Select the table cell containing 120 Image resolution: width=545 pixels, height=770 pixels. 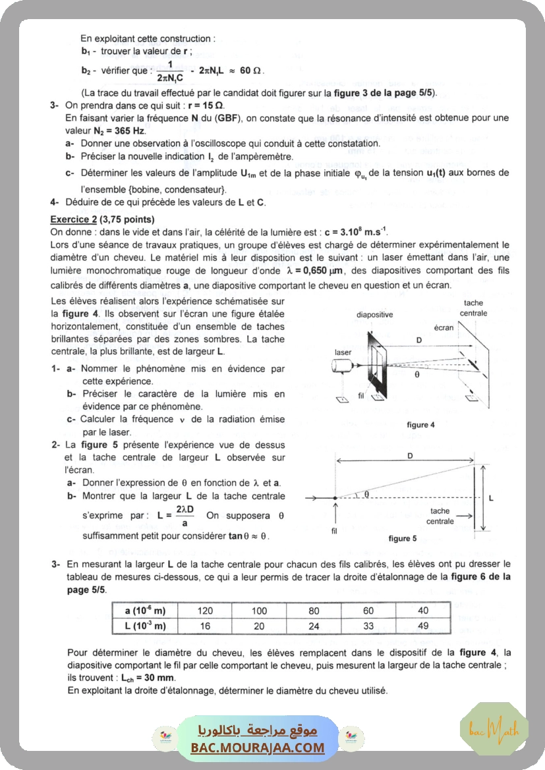coord(205,611)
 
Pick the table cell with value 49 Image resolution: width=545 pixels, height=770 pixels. coord(422,625)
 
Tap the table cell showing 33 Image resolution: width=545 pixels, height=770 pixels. coord(368,625)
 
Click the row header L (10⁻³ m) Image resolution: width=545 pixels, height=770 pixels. coord(145,626)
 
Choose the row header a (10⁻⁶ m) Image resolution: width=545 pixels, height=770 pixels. coord(145,611)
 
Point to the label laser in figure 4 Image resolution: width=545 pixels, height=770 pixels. coord(343,352)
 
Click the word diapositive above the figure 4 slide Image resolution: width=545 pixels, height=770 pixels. coord(374,315)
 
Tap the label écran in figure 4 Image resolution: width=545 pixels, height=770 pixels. coord(444,327)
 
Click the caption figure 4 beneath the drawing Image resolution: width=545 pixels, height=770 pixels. coord(420,426)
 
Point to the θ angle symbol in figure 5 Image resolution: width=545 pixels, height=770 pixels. coord(366,493)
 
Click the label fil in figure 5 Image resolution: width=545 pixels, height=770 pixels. coord(335,529)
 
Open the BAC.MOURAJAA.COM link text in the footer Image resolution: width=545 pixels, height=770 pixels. coord(258,748)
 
